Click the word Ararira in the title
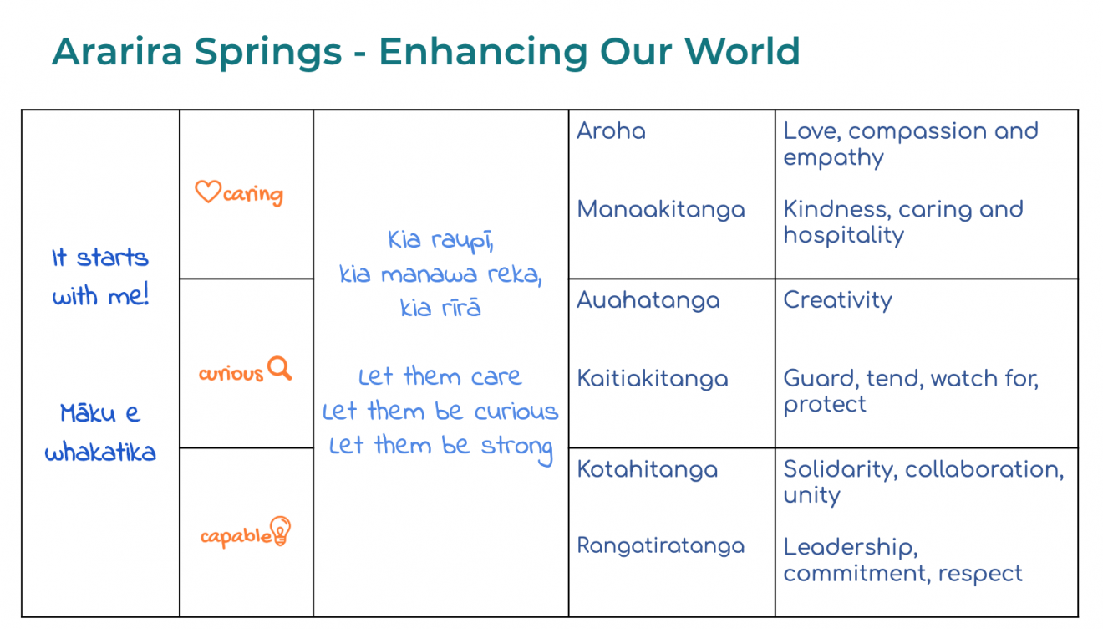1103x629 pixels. (x=117, y=51)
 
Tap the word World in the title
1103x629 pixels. (x=742, y=51)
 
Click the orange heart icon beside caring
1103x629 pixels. (x=208, y=192)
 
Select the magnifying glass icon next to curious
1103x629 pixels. (x=280, y=368)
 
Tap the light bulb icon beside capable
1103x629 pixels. (x=280, y=531)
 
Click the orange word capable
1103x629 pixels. (x=236, y=536)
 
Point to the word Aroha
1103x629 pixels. (x=611, y=131)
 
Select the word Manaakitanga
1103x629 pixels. (x=661, y=209)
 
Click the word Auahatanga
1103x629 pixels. (x=648, y=300)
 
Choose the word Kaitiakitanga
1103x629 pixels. (x=653, y=379)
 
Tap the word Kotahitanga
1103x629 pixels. (x=647, y=469)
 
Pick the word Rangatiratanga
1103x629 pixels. (x=661, y=545)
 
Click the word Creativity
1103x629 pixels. (x=837, y=300)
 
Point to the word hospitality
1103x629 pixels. (x=843, y=235)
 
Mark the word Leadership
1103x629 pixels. (x=851, y=547)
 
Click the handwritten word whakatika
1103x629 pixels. (x=100, y=452)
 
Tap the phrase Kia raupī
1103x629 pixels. (x=440, y=241)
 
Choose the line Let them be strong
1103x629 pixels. (x=440, y=447)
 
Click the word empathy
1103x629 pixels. (x=833, y=158)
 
